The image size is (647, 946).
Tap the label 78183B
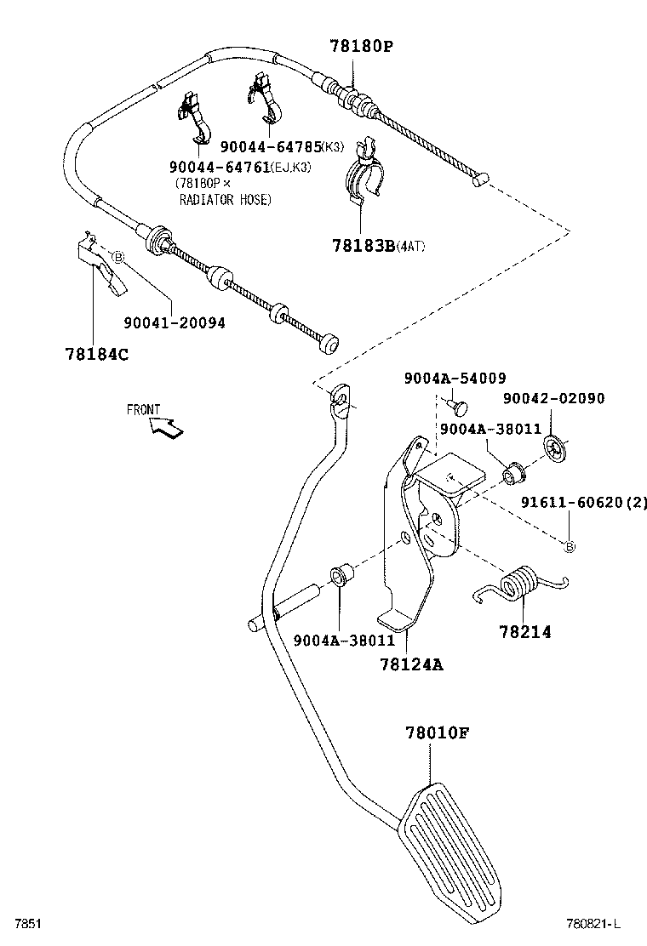[x=364, y=246]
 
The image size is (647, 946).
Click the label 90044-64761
[x=219, y=167]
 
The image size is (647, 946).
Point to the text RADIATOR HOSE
[x=225, y=199]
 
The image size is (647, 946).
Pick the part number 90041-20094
[x=175, y=323]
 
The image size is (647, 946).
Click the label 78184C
[x=96, y=354]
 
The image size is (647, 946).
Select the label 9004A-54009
[x=455, y=379]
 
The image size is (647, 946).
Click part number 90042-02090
[x=553, y=398]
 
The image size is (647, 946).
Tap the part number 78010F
[x=438, y=732]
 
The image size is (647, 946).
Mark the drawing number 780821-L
[x=594, y=923]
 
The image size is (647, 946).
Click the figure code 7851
[x=23, y=923]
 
